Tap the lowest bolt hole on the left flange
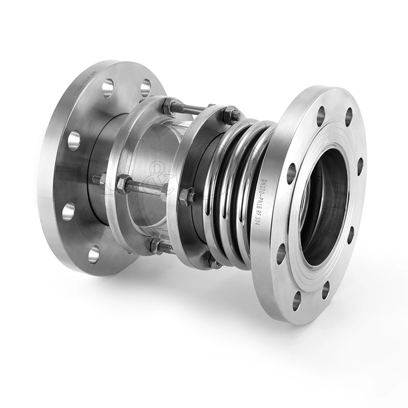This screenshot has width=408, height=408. tap(94, 254)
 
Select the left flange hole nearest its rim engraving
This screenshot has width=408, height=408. tap(108, 88)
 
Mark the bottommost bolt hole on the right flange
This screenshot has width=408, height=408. tap(297, 301)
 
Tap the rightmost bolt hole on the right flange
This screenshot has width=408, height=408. tap(360, 166)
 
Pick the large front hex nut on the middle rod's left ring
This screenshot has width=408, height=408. tap(123, 184)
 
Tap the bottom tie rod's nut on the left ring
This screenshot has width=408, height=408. tap(155, 245)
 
